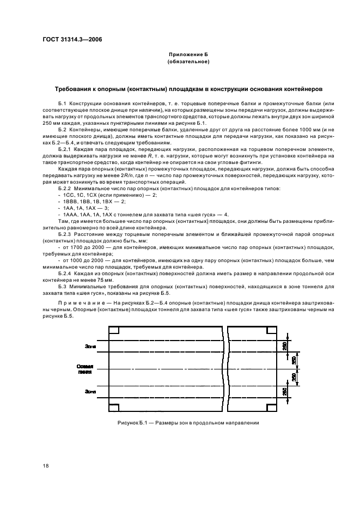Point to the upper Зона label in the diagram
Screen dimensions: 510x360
(x=91, y=345)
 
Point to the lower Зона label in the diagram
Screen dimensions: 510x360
(x=91, y=391)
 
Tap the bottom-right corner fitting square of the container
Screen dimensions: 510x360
(x=271, y=407)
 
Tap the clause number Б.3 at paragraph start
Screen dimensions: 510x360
(x=62, y=286)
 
